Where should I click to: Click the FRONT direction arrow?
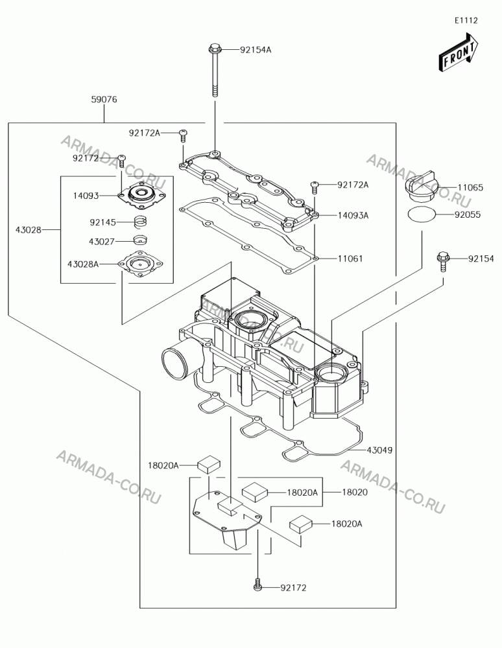coord(459,51)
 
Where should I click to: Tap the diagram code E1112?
coord(466,20)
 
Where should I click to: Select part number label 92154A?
coord(256,50)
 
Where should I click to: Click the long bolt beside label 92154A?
coord(215,70)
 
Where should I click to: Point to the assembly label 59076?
coord(104,99)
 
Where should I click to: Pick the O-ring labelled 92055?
coord(422,214)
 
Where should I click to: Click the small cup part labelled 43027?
coord(140,240)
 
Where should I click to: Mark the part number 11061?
coord(350,259)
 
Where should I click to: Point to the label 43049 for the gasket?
coord(379,450)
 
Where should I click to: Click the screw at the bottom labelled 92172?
coord(257,586)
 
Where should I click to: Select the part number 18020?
coord(354,492)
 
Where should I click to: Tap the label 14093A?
coord(353,215)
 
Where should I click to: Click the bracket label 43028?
coord(29,230)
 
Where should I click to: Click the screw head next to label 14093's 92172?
coord(121,157)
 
